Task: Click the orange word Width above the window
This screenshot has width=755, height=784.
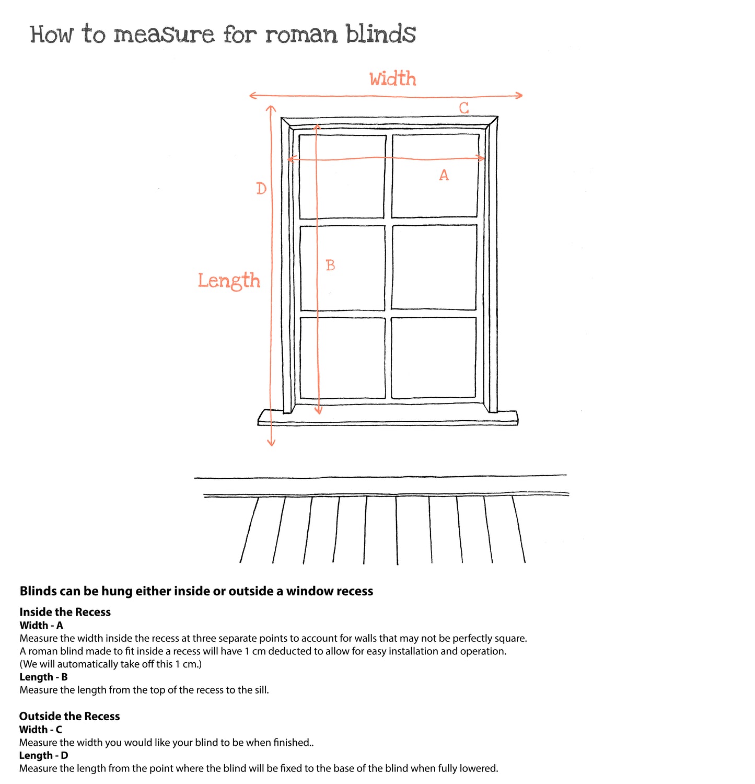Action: (x=393, y=79)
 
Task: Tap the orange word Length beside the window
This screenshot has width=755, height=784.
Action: (x=229, y=281)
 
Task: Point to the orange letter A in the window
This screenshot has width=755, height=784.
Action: (x=444, y=175)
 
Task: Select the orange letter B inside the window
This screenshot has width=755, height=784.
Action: (x=330, y=266)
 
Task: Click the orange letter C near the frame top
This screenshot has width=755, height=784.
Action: (x=464, y=108)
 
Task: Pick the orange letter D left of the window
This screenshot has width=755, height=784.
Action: (x=261, y=189)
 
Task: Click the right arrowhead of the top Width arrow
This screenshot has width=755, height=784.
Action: (x=519, y=95)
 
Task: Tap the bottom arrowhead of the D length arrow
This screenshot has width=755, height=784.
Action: (x=271, y=443)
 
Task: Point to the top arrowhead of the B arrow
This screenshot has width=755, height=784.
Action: (x=317, y=127)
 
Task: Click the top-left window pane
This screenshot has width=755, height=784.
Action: (x=342, y=177)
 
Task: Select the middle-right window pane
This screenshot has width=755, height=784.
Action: (x=434, y=267)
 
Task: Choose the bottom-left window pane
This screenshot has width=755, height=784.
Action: (x=343, y=358)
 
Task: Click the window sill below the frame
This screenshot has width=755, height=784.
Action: (x=388, y=418)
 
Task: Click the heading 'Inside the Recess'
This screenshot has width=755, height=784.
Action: (x=65, y=612)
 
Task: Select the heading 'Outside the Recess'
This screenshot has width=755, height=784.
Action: (x=69, y=717)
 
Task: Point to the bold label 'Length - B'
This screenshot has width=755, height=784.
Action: (x=43, y=677)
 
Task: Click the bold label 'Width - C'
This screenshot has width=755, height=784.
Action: (x=41, y=730)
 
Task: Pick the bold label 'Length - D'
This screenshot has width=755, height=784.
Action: (x=43, y=756)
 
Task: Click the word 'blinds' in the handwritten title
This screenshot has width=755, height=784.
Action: (x=381, y=34)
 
